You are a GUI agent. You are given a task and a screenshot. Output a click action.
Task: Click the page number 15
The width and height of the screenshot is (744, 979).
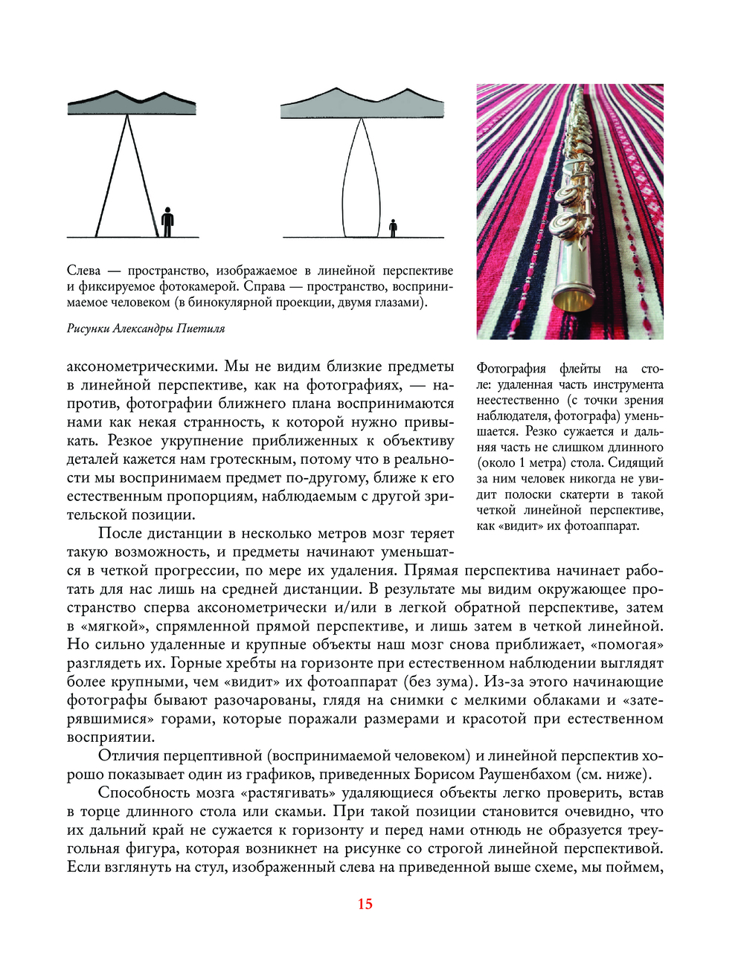click(x=365, y=904)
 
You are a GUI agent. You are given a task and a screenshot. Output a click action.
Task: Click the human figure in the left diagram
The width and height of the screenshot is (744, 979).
click(x=168, y=222)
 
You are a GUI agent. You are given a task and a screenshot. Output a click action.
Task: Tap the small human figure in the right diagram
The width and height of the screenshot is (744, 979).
click(x=394, y=228)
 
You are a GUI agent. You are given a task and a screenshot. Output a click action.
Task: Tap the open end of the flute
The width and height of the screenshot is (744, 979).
click(x=573, y=300)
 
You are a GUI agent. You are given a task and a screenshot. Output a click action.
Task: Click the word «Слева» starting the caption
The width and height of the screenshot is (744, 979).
click(x=83, y=271)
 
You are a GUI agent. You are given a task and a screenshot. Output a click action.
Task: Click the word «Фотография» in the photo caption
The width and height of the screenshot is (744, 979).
click(x=511, y=369)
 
